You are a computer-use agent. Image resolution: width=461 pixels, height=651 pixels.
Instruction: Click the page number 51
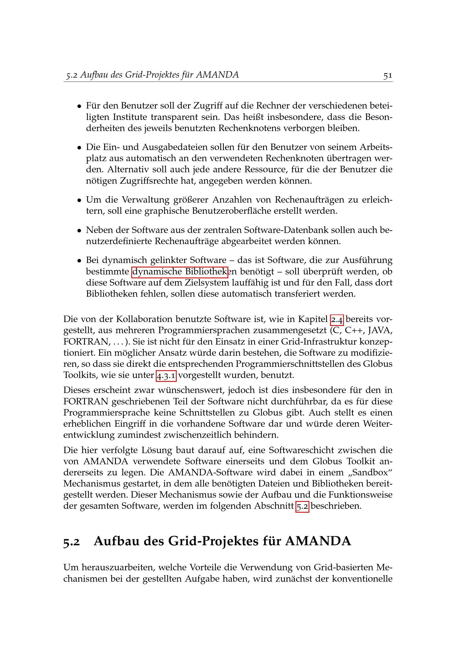387,75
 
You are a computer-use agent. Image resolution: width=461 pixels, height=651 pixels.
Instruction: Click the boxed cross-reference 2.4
337,320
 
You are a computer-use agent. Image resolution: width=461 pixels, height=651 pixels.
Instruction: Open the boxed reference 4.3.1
166,376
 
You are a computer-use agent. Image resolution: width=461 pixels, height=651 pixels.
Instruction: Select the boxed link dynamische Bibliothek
180,272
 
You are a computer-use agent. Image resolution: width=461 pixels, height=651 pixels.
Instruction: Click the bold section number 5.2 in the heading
72,542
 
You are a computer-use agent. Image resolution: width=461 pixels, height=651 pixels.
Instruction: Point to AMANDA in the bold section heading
318,541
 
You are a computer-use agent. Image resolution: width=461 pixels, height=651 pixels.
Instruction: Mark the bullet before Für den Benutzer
79,107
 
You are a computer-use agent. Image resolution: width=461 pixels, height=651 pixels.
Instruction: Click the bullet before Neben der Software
79,230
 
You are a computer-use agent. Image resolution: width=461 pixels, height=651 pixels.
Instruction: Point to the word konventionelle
362,579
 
